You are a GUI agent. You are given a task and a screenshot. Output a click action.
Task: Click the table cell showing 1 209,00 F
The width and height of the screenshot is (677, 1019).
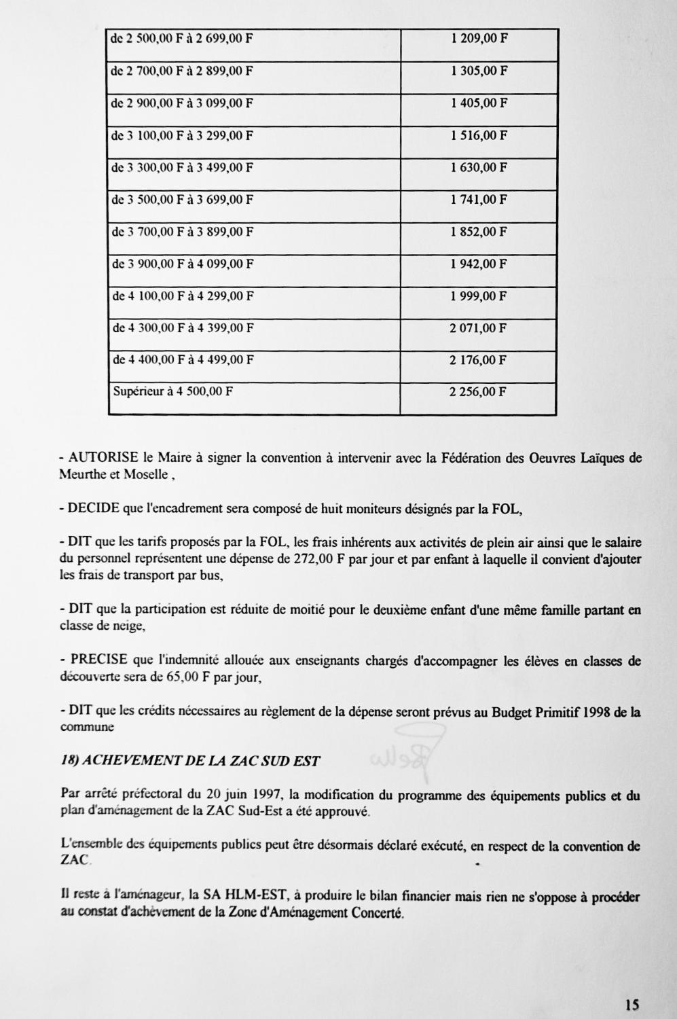pos(479,39)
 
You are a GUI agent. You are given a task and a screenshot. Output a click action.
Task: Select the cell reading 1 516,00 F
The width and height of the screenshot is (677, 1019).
pos(479,136)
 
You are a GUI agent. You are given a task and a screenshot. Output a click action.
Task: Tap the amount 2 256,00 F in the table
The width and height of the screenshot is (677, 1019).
pos(479,392)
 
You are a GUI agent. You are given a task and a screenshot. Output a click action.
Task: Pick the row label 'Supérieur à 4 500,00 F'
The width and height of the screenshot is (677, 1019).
pos(172,392)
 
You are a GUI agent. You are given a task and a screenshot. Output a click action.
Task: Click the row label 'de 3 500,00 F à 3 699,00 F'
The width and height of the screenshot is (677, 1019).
pos(182,200)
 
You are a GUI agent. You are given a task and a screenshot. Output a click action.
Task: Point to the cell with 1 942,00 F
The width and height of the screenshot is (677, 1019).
pos(479,264)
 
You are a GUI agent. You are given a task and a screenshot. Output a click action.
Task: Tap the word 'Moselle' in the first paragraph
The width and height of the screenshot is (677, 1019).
pos(145,475)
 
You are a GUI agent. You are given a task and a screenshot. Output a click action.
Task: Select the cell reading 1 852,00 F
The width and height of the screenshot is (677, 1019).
pos(479,232)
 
